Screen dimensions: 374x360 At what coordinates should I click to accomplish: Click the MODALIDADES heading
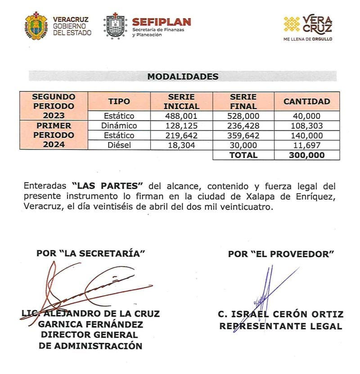point(183,77)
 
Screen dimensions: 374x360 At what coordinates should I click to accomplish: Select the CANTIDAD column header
point(306,101)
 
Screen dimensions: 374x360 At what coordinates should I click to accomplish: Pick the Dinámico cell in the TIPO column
point(119,126)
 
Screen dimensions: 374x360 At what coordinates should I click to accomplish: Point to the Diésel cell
point(119,145)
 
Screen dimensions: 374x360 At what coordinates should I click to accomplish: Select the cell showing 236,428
point(243,126)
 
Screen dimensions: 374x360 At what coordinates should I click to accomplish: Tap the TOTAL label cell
point(243,155)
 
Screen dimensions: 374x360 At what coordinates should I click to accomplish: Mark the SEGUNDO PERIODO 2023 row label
point(54,106)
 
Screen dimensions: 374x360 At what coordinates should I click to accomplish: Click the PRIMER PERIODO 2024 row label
point(54,135)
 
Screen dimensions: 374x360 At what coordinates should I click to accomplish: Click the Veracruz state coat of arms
point(36,26)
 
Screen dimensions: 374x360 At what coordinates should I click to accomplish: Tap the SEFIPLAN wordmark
point(162,22)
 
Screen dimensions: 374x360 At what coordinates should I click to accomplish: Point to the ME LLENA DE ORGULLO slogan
point(308,40)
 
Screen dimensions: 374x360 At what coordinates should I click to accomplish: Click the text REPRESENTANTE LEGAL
point(281,326)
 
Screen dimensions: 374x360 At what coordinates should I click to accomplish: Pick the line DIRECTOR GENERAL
point(90,335)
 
